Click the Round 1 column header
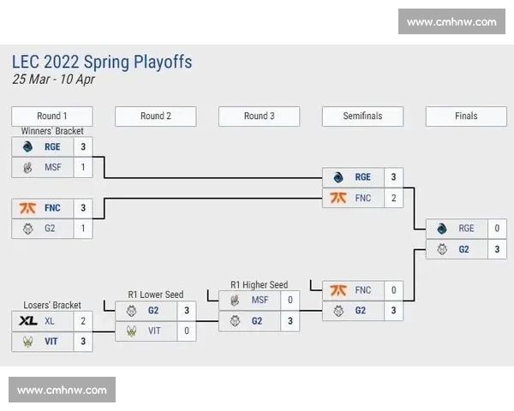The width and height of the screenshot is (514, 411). pyautogui.click(x=52, y=116)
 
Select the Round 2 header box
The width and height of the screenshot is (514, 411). pyautogui.click(x=156, y=116)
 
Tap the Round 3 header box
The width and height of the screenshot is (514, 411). pyautogui.click(x=260, y=116)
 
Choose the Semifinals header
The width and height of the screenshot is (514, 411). pyautogui.click(x=362, y=116)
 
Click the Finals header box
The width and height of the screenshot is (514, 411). pyautogui.click(x=467, y=116)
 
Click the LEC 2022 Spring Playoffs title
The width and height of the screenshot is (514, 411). pyautogui.click(x=102, y=62)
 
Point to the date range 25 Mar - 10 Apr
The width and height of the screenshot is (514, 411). pyautogui.click(x=53, y=80)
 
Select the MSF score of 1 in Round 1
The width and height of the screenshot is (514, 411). pyautogui.click(x=83, y=168)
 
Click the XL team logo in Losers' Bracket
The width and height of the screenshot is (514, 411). pyautogui.click(x=27, y=321)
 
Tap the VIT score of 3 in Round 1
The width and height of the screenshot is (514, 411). pyautogui.click(x=83, y=341)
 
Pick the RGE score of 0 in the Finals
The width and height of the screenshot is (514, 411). pyautogui.click(x=497, y=229)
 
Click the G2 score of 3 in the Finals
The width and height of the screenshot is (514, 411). pyautogui.click(x=497, y=249)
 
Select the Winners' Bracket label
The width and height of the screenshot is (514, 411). pyautogui.click(x=52, y=131)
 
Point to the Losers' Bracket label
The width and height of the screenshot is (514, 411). pyautogui.click(x=53, y=305)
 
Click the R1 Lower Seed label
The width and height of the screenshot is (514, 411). pyautogui.click(x=156, y=295)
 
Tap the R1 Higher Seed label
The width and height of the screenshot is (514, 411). pyautogui.click(x=260, y=284)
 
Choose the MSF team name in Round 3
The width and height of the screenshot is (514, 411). pyautogui.click(x=260, y=301)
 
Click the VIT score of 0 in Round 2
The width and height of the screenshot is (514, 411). pyautogui.click(x=187, y=331)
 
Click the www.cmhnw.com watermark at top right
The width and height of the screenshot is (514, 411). pyautogui.click(x=451, y=21)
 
